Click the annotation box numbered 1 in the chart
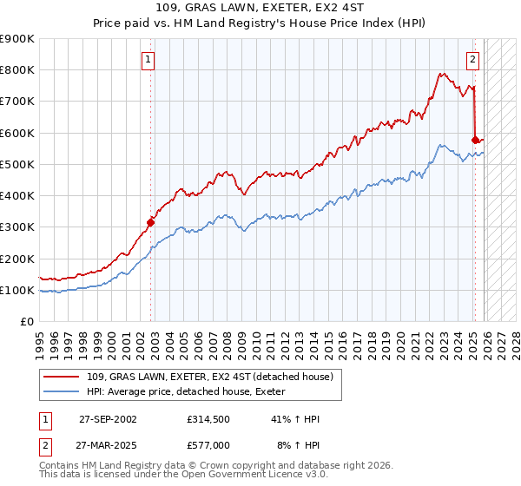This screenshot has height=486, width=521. click(148, 60)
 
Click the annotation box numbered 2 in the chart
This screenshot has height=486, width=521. click(472, 60)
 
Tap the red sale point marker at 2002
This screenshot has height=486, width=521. click(150, 222)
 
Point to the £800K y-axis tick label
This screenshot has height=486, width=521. click(17, 70)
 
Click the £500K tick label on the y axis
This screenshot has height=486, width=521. click(17, 164)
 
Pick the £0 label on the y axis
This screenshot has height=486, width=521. click(27, 321)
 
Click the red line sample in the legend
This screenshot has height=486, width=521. click(61, 377)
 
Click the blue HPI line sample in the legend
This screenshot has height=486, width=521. click(61, 391)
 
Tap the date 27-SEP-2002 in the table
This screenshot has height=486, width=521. click(107, 419)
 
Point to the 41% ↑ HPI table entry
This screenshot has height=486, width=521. click(295, 419)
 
